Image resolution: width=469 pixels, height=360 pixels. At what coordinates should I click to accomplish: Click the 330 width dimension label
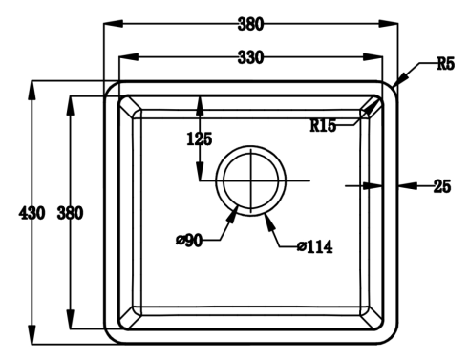pos(251,58)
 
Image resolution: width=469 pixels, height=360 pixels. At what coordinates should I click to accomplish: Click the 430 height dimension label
pos(32,213)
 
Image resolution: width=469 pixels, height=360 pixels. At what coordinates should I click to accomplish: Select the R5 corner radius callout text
pos(446,63)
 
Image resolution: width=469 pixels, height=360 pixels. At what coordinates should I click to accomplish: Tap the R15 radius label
pos(323,125)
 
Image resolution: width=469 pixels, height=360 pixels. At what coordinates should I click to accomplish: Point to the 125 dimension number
pos(200,139)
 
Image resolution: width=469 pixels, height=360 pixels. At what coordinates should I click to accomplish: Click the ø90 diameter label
pos(189,241)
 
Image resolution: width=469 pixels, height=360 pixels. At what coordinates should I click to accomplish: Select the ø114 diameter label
pos(315,246)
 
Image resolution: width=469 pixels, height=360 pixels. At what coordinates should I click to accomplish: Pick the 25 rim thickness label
pos(442,186)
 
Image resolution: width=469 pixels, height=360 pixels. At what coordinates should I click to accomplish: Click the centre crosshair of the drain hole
pos(251,180)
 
